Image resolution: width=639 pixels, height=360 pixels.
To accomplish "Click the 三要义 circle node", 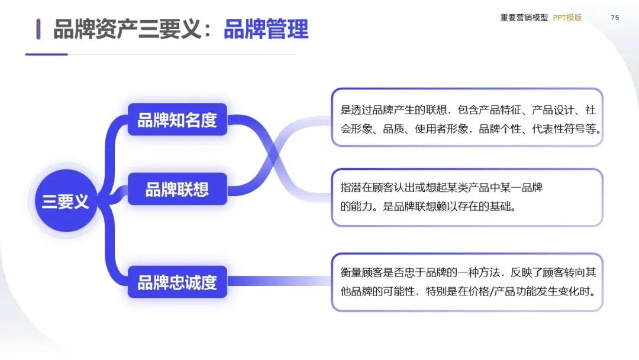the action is (65, 202).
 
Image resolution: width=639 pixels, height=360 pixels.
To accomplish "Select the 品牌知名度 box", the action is (177, 120).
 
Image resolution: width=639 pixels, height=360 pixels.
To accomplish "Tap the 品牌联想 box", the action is (177, 189).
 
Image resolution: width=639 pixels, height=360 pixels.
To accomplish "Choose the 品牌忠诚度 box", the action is (177, 282).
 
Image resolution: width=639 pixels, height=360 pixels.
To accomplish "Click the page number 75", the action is (615, 18).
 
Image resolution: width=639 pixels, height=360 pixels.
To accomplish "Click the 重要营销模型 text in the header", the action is (524, 18).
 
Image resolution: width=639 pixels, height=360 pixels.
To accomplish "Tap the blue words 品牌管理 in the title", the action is (266, 28).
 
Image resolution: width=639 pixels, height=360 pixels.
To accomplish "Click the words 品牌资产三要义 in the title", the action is (128, 28).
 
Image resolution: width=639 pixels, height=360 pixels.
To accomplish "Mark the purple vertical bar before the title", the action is (38, 28).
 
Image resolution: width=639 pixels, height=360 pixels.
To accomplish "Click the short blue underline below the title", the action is (46, 54).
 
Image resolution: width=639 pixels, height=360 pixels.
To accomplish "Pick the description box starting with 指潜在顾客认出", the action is (467, 197).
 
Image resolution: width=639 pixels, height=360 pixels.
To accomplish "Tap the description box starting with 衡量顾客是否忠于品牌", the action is (467, 282).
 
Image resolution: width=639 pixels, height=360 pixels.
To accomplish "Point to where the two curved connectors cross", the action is (274, 155).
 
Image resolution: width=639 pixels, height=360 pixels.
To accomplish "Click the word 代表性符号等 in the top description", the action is (566, 128).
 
